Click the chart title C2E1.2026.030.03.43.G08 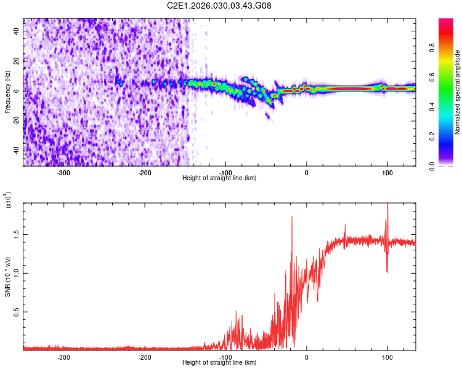(219, 6)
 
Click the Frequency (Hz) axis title (7, 92)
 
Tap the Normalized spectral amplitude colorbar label (458, 92)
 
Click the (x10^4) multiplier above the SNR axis (9, 199)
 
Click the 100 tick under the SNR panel (387, 357)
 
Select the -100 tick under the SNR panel (225, 357)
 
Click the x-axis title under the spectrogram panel (219, 178)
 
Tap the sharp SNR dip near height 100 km (387, 271)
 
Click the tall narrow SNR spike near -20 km (292, 217)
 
